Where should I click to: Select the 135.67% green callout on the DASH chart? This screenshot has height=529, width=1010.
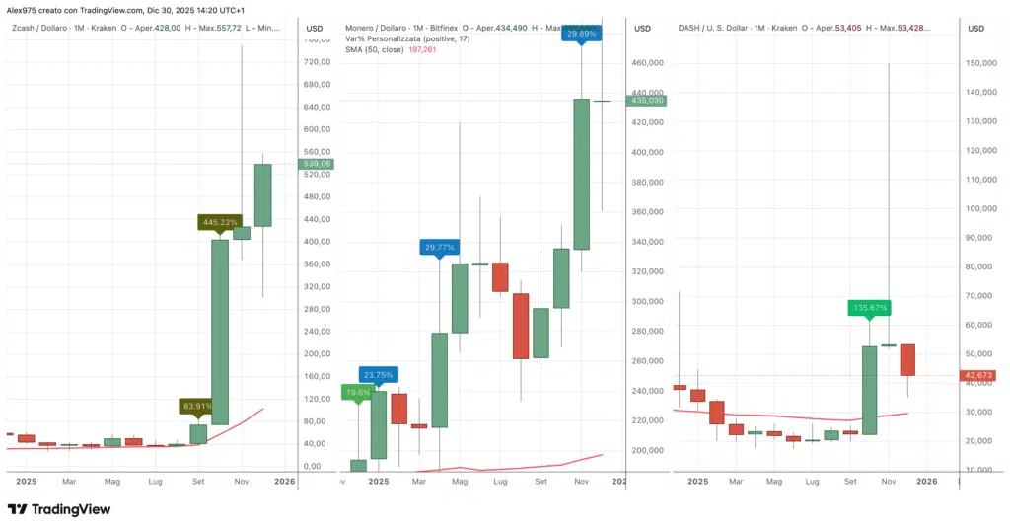(868, 308)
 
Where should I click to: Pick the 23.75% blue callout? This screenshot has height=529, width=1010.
(378, 375)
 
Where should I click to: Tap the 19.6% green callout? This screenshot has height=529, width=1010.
(357, 392)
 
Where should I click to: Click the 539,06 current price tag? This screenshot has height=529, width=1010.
(319, 164)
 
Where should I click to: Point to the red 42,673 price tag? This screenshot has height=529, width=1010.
(977, 375)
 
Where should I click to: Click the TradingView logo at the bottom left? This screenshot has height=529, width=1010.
(59, 509)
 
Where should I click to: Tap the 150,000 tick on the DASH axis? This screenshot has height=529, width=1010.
(980, 63)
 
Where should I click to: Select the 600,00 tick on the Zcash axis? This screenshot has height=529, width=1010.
(317, 129)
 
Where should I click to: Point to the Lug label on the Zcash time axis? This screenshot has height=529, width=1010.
(155, 482)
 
